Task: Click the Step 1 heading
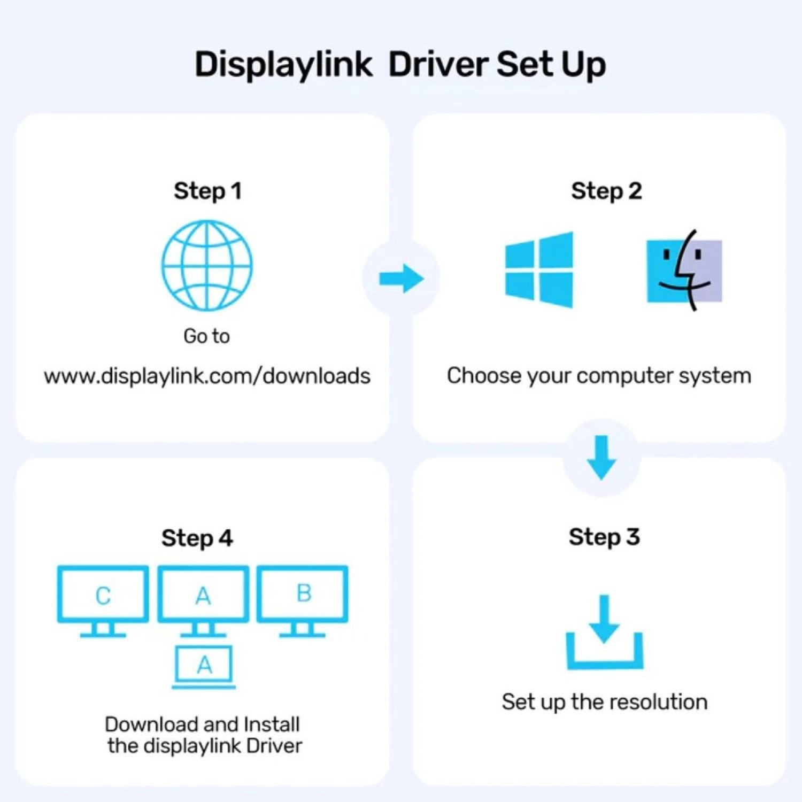[x=207, y=191]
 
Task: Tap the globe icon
[x=207, y=266]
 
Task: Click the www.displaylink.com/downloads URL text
[x=207, y=376]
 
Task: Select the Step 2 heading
[x=606, y=191]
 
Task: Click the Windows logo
[x=539, y=269]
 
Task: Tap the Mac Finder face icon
[x=684, y=271]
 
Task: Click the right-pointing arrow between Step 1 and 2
[x=401, y=278]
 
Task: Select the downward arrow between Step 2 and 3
[x=602, y=458]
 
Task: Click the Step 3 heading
[x=604, y=537]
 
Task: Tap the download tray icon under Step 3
[x=605, y=633]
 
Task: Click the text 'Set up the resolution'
[x=605, y=701]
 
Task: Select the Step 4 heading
[x=197, y=538]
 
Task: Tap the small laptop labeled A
[x=204, y=666]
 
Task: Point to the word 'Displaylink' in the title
[x=283, y=65]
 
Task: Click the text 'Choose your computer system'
[x=599, y=376]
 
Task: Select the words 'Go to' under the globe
[x=206, y=336]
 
